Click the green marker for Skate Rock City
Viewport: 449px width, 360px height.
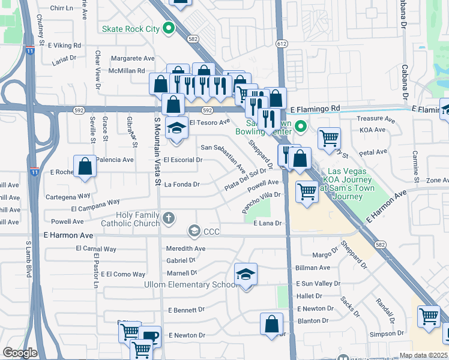(x=169, y=28)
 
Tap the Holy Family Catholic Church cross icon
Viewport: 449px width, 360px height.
(x=170, y=218)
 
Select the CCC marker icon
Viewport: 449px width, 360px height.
(x=194, y=230)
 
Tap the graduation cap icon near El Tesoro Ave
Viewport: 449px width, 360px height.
(x=176, y=129)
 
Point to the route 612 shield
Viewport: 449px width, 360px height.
(x=282, y=44)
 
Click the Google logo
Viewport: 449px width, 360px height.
(x=20, y=352)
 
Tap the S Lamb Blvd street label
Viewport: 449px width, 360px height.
(x=28, y=259)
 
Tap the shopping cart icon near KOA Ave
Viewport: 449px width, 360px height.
(x=329, y=137)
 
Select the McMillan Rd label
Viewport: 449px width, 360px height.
(x=124, y=71)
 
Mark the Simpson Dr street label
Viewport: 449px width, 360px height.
(x=384, y=334)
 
